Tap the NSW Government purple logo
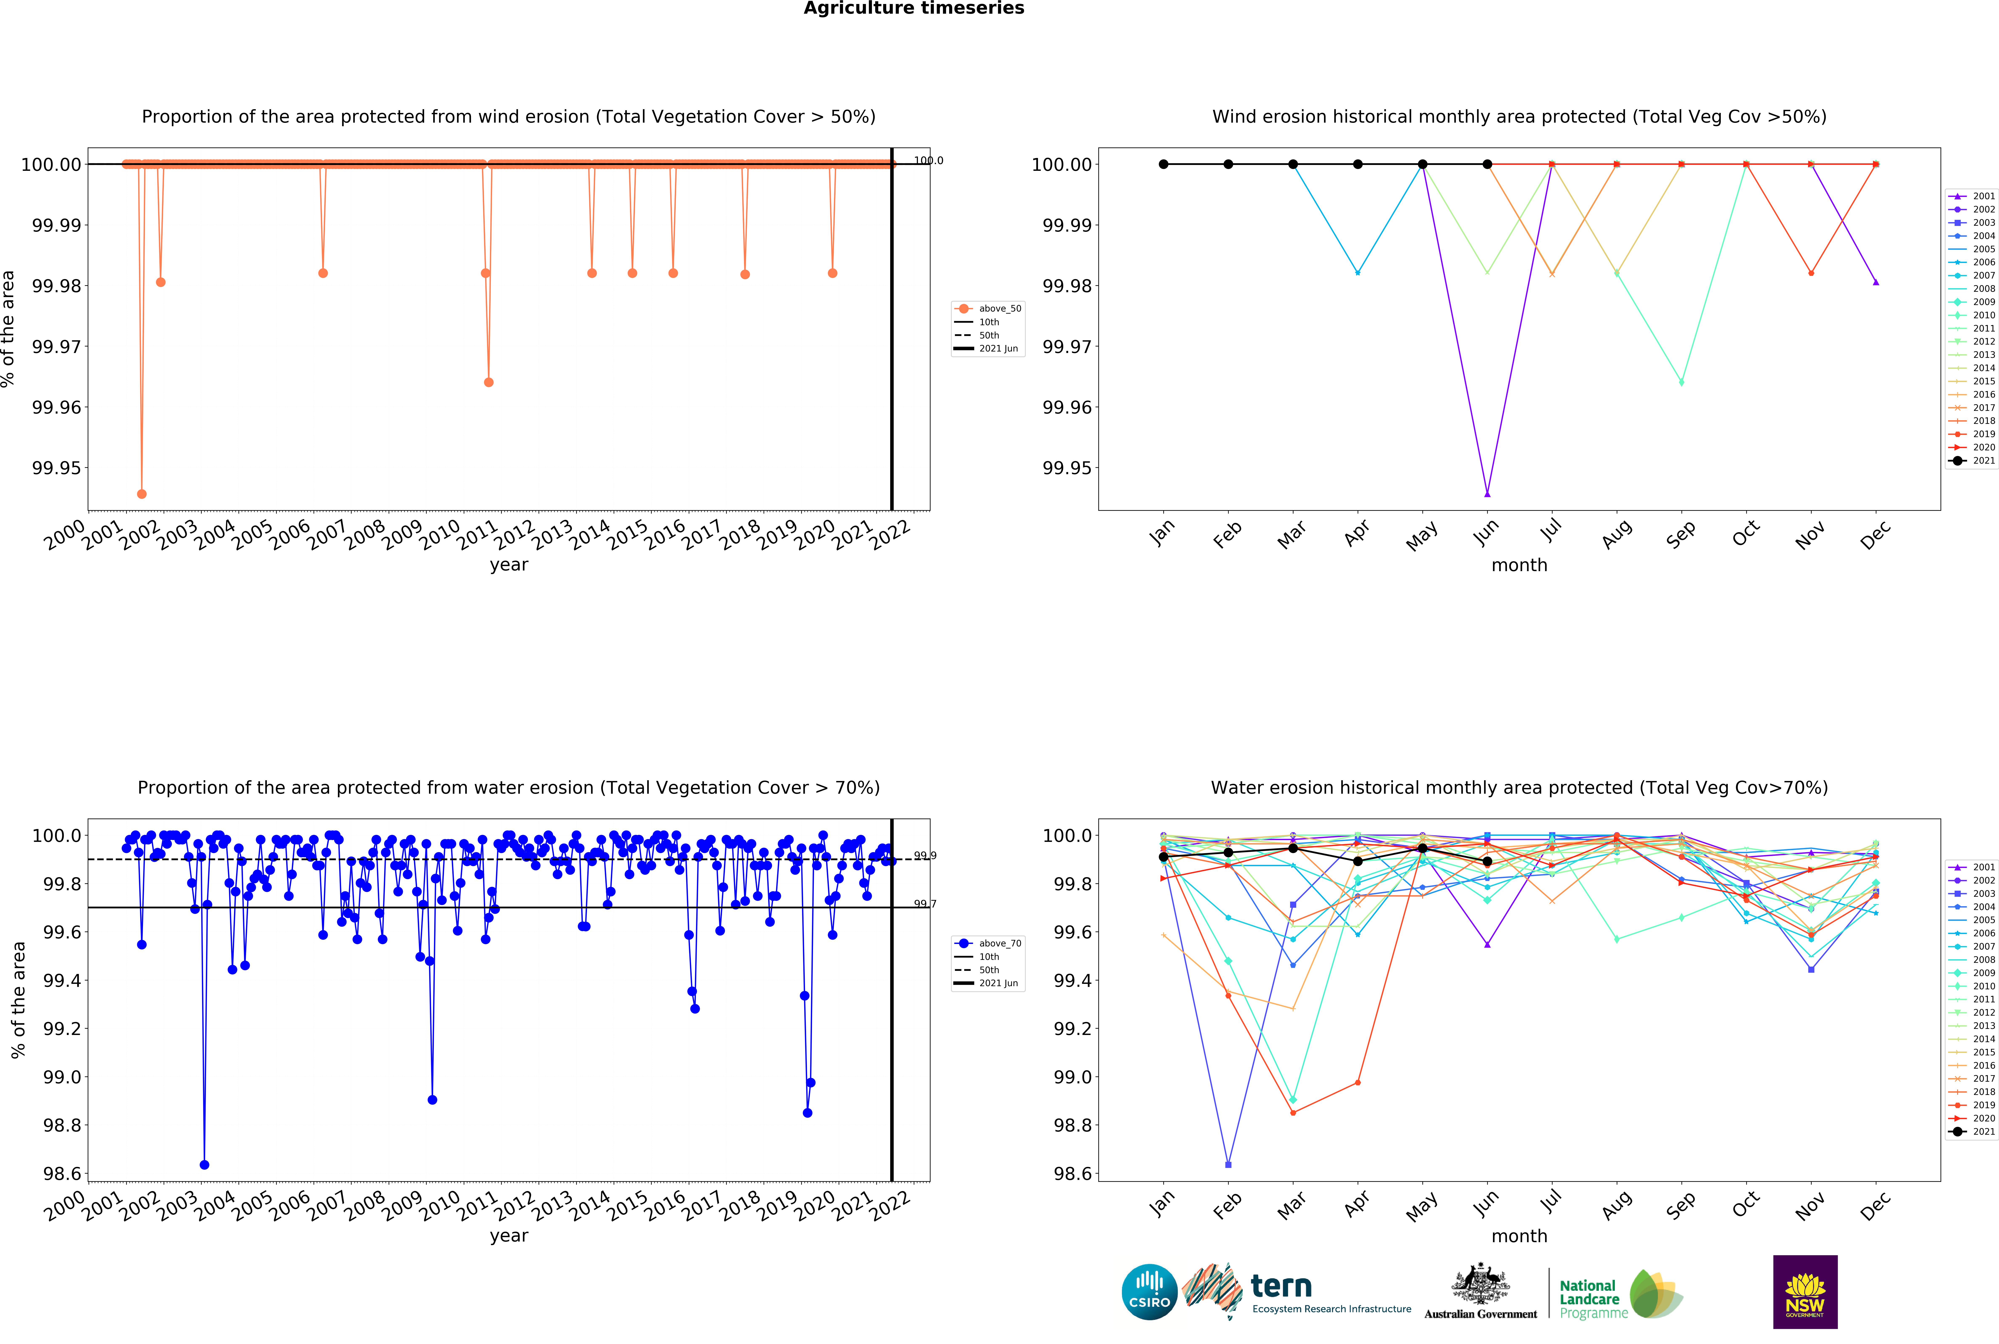tap(1804, 1292)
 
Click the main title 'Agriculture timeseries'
tap(913, 9)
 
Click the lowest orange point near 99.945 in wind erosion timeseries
tap(141, 494)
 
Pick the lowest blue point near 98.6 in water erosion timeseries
tap(204, 1165)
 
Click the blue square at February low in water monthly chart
tap(1229, 1165)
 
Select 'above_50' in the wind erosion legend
tap(999, 309)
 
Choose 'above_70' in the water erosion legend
tap(999, 943)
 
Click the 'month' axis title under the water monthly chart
tap(1519, 1236)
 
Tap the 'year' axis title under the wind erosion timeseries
tap(509, 565)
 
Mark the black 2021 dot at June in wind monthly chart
tap(1487, 164)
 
